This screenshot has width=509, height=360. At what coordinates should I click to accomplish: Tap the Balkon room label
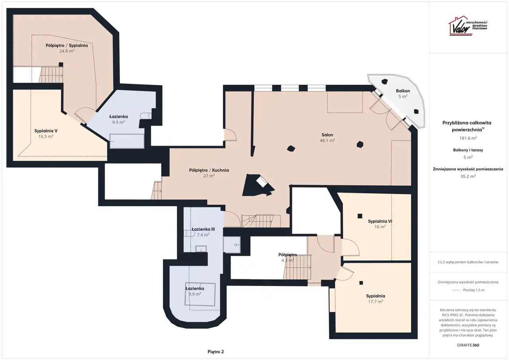(403, 91)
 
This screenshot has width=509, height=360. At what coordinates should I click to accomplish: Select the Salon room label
(327, 135)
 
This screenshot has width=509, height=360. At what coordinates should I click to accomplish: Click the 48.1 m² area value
(327, 140)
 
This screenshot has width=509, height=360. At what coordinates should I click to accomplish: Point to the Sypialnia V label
(46, 131)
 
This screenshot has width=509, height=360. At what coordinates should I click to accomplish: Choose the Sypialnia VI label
(380, 221)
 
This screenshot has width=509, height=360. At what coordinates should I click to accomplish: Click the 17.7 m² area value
(376, 302)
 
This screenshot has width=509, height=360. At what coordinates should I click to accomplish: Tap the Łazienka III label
(203, 229)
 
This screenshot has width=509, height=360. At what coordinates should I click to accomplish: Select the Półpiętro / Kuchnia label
(209, 170)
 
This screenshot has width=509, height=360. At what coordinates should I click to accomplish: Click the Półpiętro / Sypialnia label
(66, 45)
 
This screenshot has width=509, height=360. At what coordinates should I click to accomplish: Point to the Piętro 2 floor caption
(216, 352)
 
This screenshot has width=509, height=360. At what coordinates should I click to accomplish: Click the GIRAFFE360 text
(468, 345)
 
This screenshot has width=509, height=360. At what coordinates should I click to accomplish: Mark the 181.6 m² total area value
(468, 138)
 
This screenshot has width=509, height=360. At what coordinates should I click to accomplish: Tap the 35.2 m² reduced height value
(468, 176)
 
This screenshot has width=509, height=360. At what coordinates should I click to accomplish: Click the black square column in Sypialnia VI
(360, 216)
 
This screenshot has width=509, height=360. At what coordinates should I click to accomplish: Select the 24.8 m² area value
(67, 51)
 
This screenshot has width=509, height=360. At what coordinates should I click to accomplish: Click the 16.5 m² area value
(46, 136)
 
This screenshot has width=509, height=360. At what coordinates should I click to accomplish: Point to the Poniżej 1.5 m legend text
(474, 290)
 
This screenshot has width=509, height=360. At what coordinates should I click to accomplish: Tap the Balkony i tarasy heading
(468, 150)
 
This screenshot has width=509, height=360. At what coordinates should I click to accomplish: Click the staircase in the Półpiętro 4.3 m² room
(297, 267)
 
